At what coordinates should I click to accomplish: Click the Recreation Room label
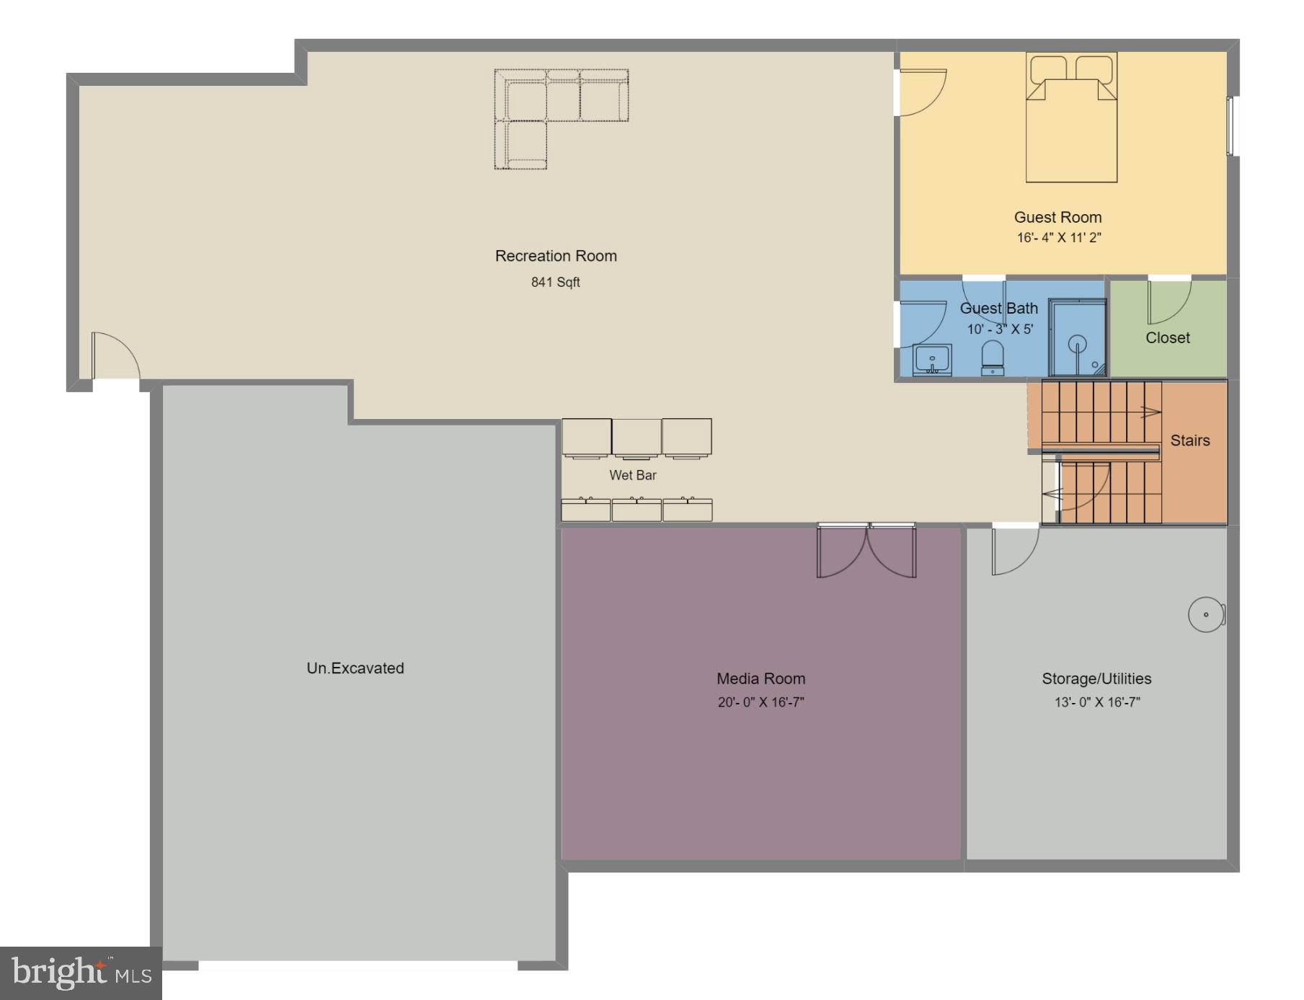click(x=556, y=256)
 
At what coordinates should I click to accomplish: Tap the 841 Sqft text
click(x=556, y=282)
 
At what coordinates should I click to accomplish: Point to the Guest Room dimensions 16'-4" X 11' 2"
click(x=1058, y=238)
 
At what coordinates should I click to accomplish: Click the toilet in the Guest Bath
click(x=993, y=358)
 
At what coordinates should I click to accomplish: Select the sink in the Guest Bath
click(x=932, y=359)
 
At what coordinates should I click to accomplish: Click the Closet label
click(x=1168, y=337)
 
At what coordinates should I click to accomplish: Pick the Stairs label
click(x=1190, y=441)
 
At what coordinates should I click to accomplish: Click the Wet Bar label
click(x=633, y=475)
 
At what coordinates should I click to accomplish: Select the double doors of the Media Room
click(x=866, y=551)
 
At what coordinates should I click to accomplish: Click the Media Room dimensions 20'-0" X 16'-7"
click(x=760, y=702)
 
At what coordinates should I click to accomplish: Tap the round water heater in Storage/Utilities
click(x=1206, y=615)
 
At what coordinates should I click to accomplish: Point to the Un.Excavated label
click(x=355, y=668)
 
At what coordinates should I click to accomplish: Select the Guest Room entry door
click(x=920, y=92)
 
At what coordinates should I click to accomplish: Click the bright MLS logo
click(x=81, y=973)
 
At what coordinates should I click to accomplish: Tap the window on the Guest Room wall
click(x=1231, y=126)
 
